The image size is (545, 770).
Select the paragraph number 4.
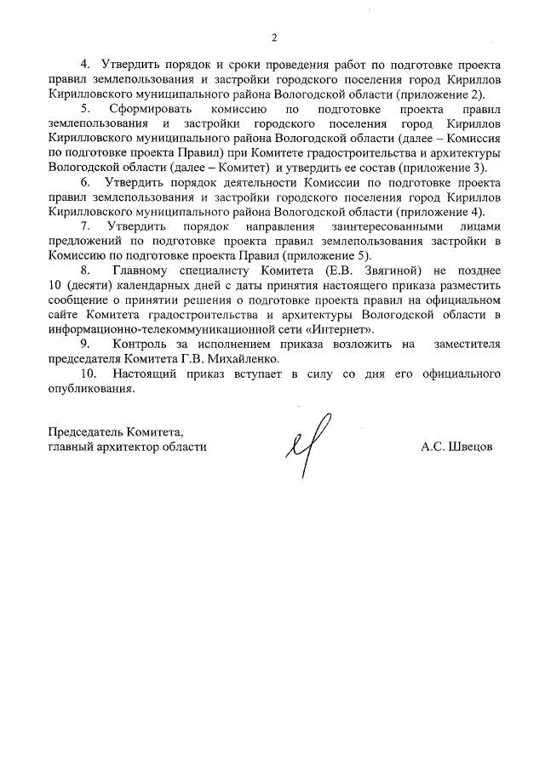pos(84,64)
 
